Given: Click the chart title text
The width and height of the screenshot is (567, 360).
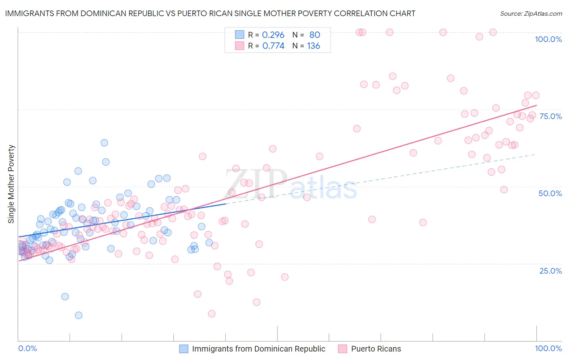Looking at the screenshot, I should click(210, 13).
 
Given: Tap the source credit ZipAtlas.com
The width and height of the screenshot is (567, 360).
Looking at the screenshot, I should click(531, 13).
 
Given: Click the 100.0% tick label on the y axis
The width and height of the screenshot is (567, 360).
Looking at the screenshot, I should click(548, 39).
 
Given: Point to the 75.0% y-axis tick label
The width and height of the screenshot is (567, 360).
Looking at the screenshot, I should click(550, 116).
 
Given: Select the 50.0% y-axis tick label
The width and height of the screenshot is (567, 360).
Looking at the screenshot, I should click(550, 193).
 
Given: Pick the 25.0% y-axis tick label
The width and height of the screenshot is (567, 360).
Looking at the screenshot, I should click(550, 271).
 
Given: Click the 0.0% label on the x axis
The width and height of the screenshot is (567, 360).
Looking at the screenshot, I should click(27, 348).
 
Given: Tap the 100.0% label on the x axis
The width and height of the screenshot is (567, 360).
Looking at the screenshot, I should click(548, 348).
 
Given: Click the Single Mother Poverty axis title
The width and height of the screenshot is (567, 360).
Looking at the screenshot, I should click(11, 184).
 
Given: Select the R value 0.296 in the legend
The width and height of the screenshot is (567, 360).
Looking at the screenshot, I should click(273, 35).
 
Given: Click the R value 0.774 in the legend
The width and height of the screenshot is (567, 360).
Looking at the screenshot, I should click(273, 46).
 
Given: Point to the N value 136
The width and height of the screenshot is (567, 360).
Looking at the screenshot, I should click(313, 46).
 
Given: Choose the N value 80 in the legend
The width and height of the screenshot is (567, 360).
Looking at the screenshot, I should click(315, 35).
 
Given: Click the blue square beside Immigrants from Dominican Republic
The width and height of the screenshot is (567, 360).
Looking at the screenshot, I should click(184, 349).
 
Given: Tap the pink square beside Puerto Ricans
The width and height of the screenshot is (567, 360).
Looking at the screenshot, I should click(343, 349).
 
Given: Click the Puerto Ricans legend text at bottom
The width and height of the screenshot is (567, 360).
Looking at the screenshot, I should click(376, 349).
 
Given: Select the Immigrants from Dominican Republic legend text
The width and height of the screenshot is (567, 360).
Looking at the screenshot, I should click(258, 349).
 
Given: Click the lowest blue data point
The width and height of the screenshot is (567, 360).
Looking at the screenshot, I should click(79, 315).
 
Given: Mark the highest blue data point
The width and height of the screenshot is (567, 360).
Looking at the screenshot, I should click(104, 142).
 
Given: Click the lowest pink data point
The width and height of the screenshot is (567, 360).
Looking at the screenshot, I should click(212, 314).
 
